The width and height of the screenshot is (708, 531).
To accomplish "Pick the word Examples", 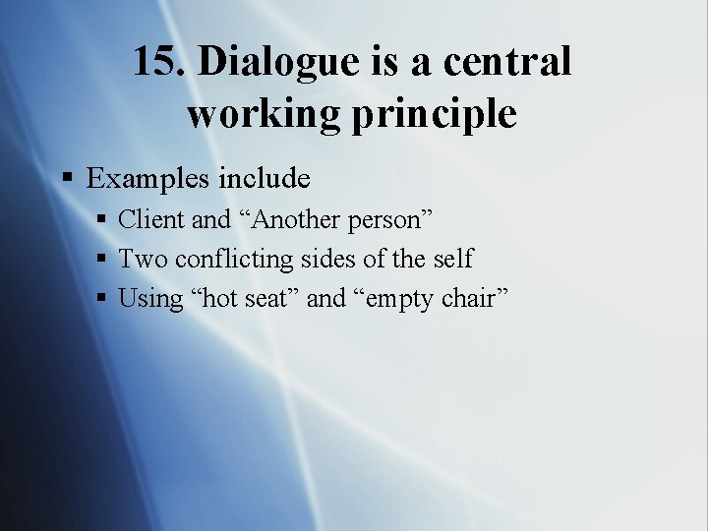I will [148, 179].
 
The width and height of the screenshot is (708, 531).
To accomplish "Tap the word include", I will [265, 178].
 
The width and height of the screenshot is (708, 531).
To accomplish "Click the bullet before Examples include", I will [68, 179].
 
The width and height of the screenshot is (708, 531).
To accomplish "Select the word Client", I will [151, 219].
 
